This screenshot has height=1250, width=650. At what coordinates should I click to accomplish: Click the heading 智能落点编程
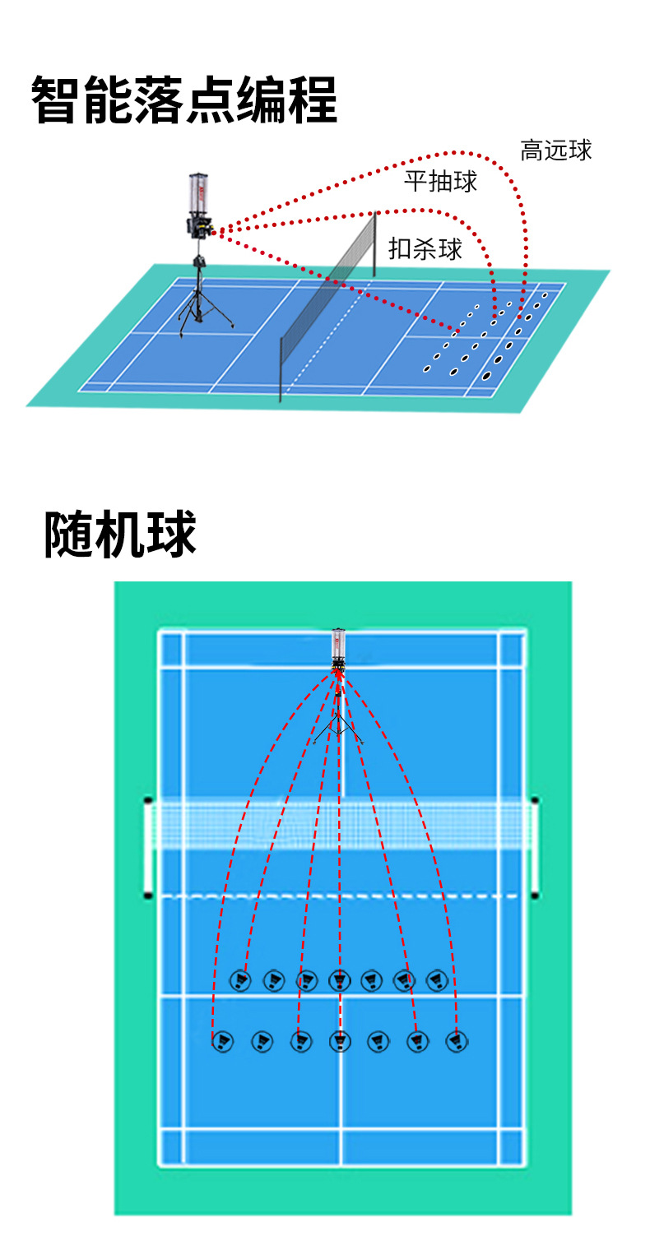pyautogui.click(x=184, y=100)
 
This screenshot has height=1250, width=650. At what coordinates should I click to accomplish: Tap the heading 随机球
pyautogui.click(x=120, y=535)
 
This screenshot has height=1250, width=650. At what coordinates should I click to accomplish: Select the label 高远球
pyautogui.click(x=556, y=150)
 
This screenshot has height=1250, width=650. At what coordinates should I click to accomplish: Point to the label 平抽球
pyautogui.click(x=440, y=181)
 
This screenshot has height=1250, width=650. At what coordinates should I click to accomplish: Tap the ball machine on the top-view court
pyautogui.click(x=338, y=650)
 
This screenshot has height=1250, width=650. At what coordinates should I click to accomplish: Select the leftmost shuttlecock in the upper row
pyautogui.click(x=240, y=980)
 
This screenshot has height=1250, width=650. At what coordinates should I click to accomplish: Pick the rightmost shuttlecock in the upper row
pyautogui.click(x=437, y=980)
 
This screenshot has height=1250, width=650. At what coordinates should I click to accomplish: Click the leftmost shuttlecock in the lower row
pyautogui.click(x=222, y=1042)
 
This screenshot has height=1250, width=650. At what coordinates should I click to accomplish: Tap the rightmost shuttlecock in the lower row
pyautogui.click(x=457, y=1042)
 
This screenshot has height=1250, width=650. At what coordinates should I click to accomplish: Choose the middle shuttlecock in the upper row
pyautogui.click(x=339, y=980)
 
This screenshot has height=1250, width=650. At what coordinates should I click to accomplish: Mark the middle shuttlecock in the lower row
pyautogui.click(x=340, y=1042)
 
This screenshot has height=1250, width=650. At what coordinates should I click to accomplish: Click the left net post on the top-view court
pyautogui.click(x=148, y=847)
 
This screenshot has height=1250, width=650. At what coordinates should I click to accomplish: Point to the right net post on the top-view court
pyautogui.click(x=536, y=847)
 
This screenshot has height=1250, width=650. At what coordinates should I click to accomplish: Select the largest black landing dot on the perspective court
pyautogui.click(x=487, y=376)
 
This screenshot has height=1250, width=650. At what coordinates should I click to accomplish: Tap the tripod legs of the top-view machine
pyautogui.click(x=338, y=728)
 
